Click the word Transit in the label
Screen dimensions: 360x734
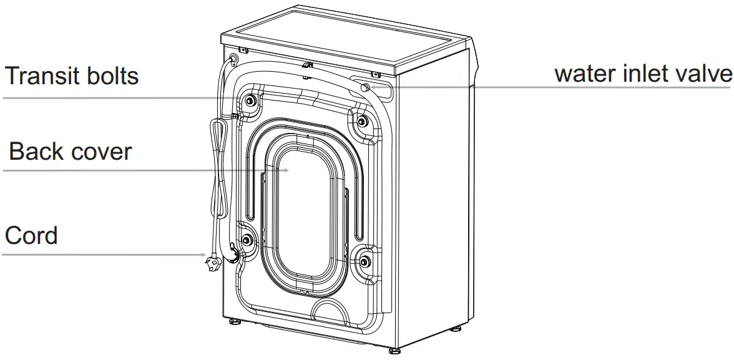[x=42, y=76]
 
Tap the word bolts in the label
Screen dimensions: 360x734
[x=112, y=76]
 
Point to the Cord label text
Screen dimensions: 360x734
[x=31, y=236]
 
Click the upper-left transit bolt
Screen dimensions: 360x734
[x=250, y=101]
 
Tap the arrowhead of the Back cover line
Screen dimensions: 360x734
[x=285, y=170]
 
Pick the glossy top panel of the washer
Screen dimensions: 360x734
[x=350, y=37]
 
